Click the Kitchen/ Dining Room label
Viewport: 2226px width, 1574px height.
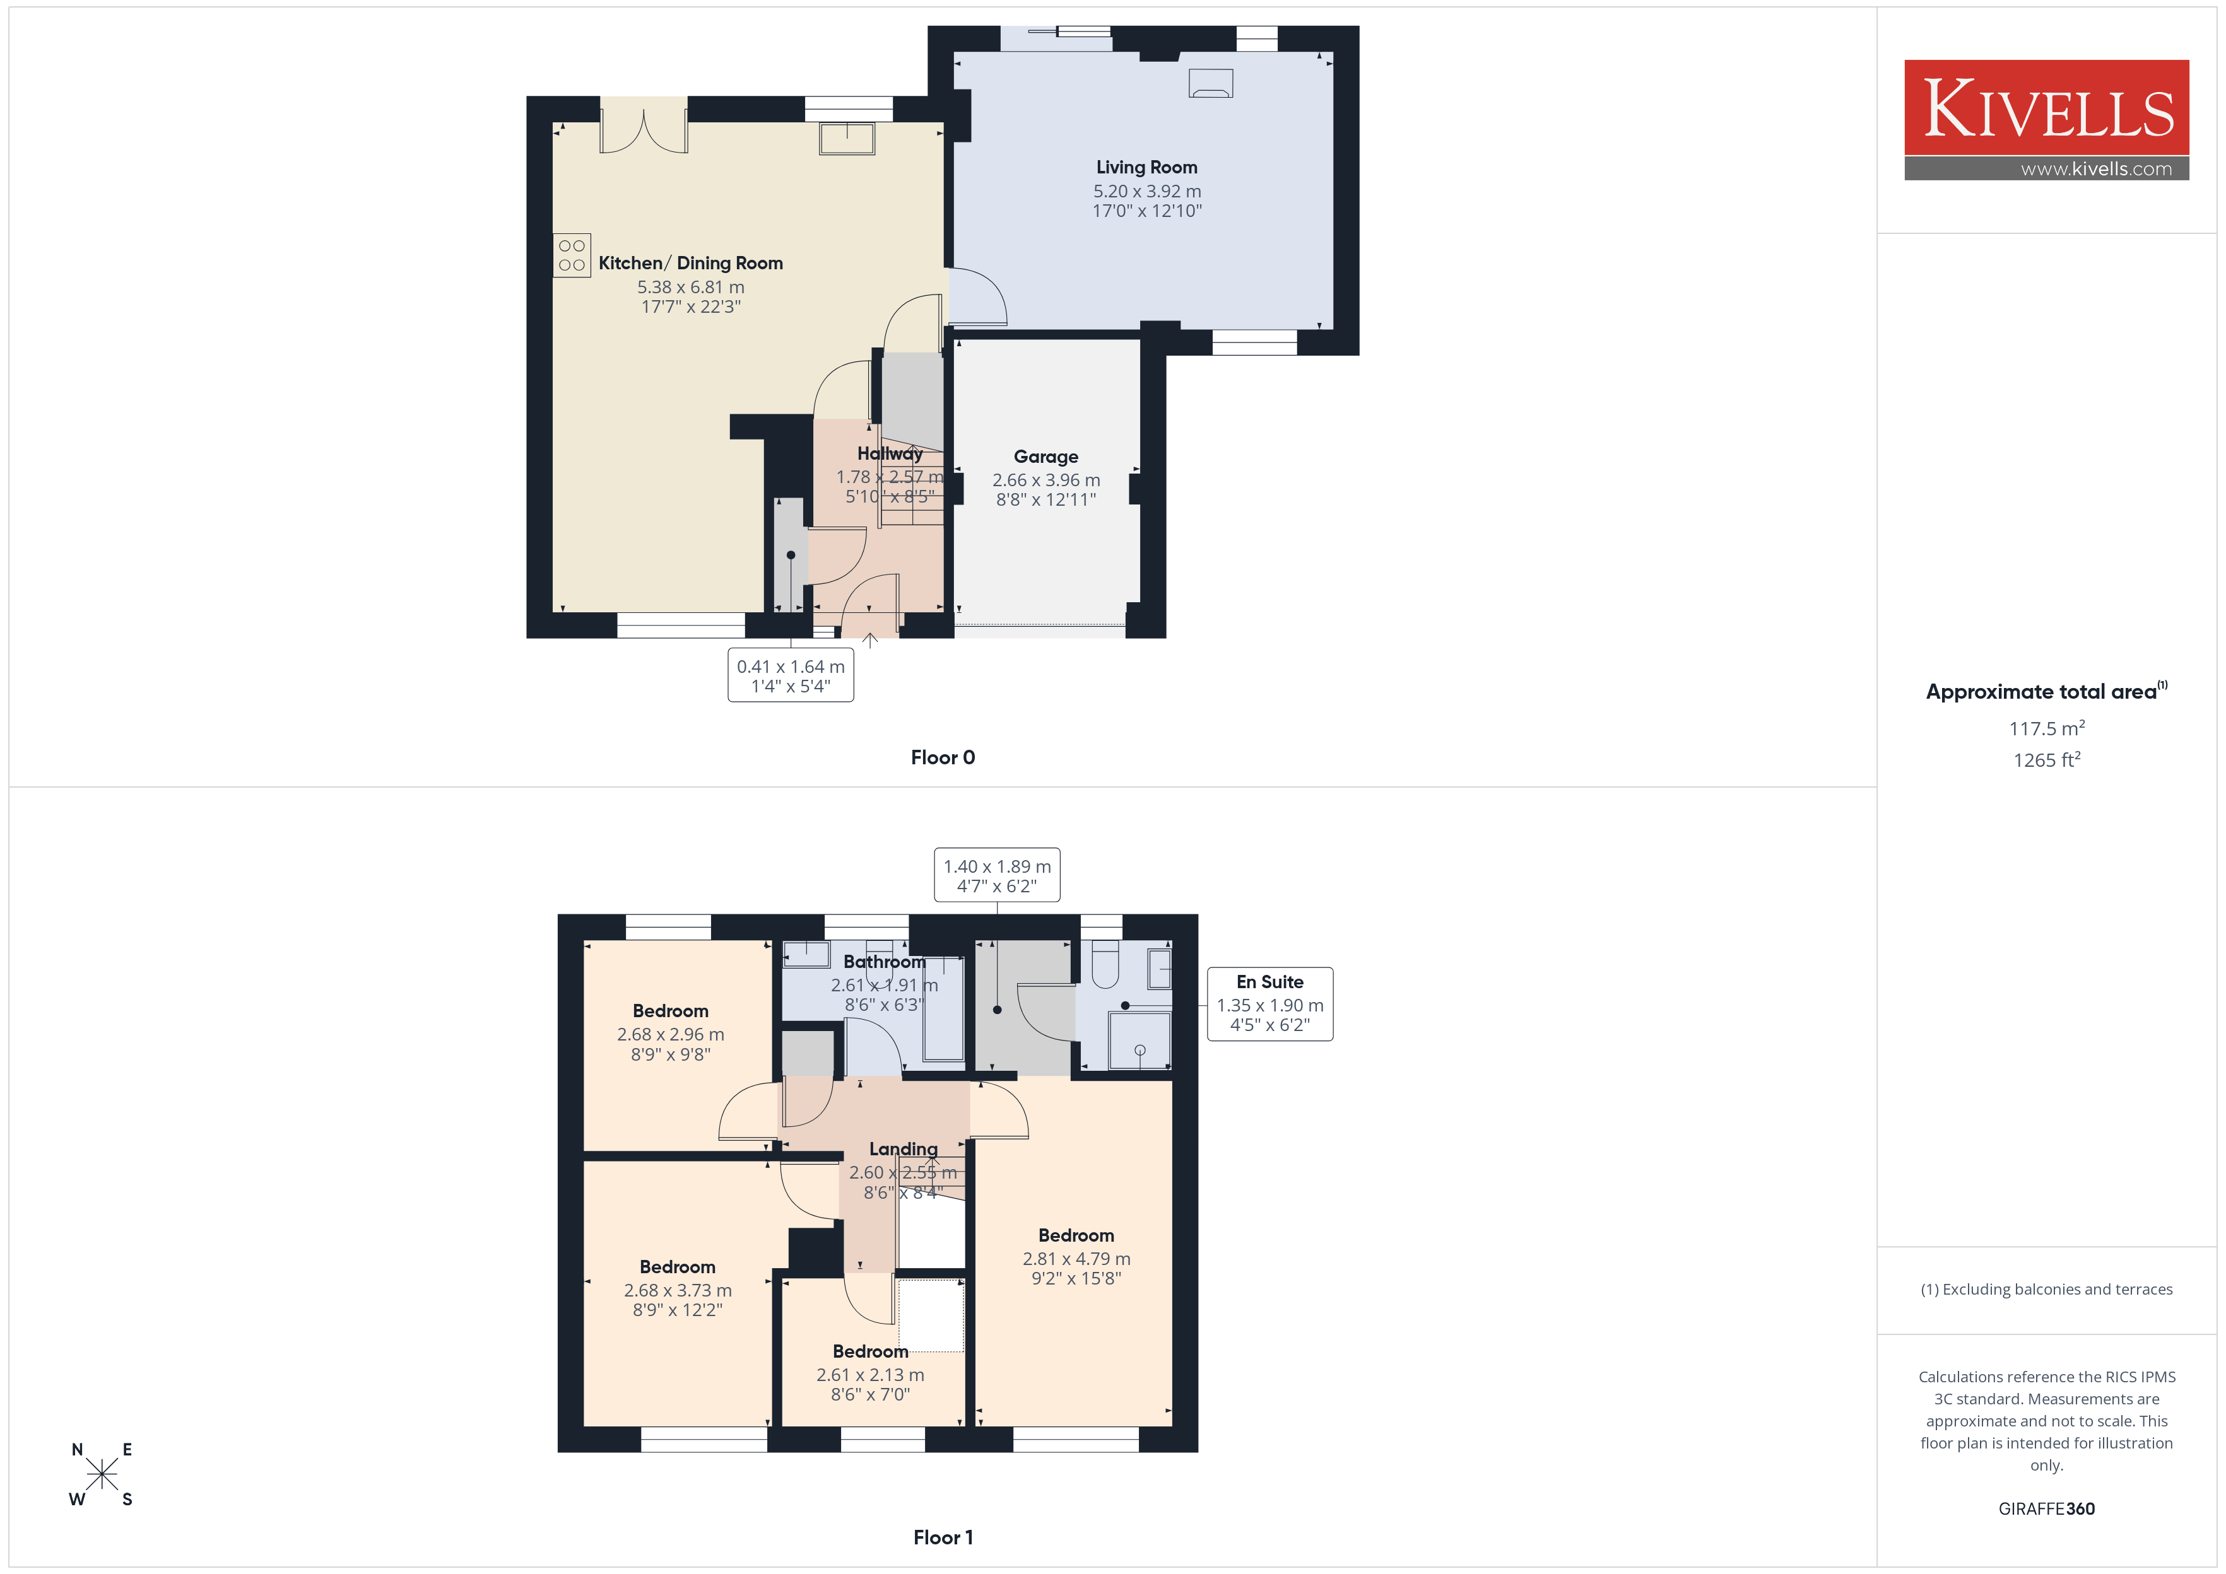point(690,263)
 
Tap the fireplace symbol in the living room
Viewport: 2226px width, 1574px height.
point(1211,83)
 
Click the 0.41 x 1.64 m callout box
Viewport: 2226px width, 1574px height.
point(791,675)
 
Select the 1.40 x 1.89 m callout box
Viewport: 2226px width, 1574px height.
point(997,875)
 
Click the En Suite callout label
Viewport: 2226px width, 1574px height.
point(1270,982)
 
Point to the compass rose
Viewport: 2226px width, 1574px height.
point(102,1474)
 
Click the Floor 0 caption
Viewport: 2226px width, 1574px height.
point(943,758)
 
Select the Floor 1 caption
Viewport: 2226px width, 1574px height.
point(943,1537)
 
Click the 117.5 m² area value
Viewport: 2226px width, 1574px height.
point(2047,728)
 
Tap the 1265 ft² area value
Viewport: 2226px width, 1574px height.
point(2047,760)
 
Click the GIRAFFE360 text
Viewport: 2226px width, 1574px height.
point(2047,1509)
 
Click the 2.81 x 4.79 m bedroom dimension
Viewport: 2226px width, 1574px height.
point(1076,1259)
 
